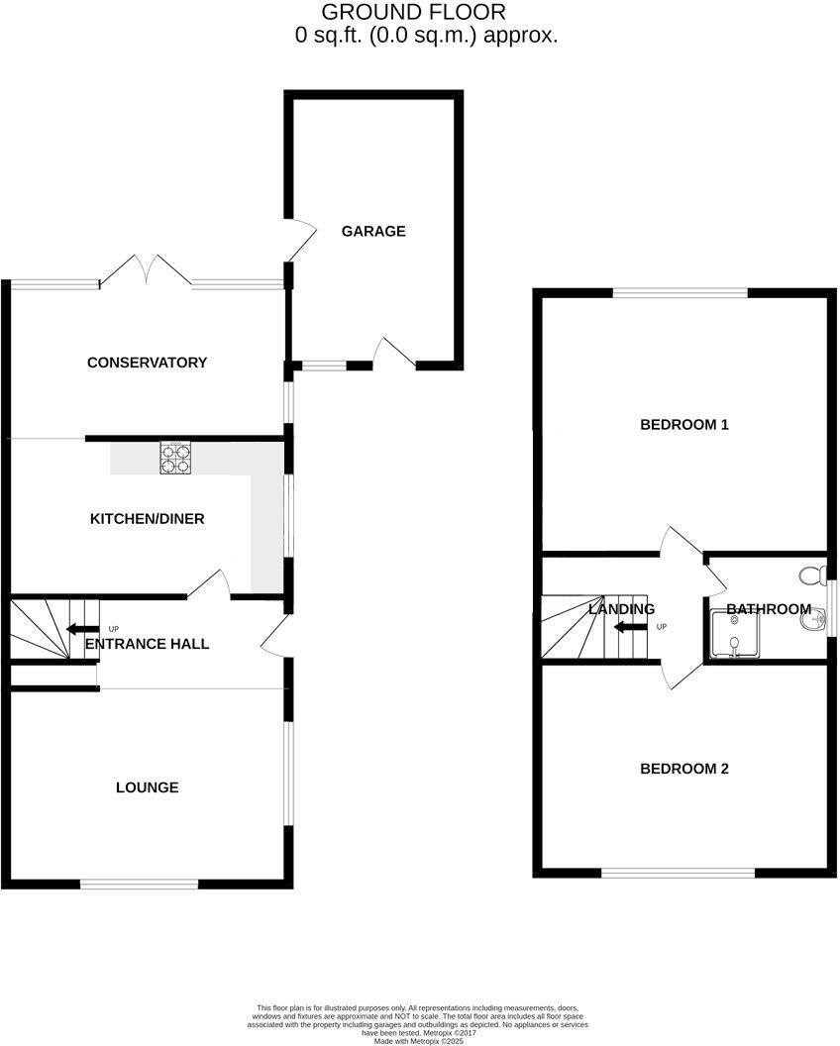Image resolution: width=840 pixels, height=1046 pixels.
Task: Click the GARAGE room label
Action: click(373, 232)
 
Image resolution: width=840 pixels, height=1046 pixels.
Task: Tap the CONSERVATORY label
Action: click(147, 363)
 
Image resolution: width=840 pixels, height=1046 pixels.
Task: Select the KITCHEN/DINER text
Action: click(147, 519)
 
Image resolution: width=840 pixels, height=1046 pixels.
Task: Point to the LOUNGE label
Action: click(147, 788)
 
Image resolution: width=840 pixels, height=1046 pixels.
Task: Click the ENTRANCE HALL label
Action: click(147, 644)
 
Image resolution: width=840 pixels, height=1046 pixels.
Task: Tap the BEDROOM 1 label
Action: click(683, 425)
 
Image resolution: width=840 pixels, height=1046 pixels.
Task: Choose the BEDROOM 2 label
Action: click(683, 769)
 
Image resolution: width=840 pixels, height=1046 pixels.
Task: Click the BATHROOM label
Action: click(768, 609)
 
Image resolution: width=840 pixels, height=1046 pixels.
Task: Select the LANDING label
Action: click(621, 609)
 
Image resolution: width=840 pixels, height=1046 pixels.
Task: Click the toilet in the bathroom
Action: click(812, 575)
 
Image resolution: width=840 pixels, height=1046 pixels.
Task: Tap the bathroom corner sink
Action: click(814, 620)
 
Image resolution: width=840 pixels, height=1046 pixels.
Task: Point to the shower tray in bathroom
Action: click(734, 635)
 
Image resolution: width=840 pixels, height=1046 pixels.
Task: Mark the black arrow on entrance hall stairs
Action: click(75, 628)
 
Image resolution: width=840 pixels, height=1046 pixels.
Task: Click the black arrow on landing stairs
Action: click(626, 626)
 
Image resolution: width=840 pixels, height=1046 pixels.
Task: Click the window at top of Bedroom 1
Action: click(680, 292)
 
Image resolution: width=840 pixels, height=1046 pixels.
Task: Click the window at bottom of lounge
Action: click(140, 884)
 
